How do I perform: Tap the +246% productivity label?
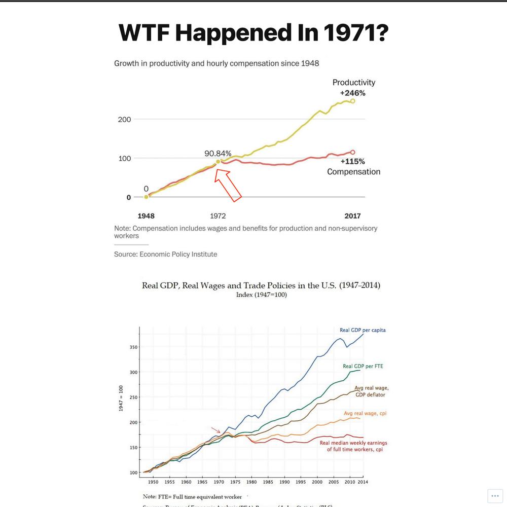(352, 93)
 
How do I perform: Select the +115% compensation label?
(353, 162)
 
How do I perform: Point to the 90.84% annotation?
(218, 153)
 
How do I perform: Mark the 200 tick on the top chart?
(124, 120)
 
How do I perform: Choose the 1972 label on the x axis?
(218, 215)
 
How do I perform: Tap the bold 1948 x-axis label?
(146, 215)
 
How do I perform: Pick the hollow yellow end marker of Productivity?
(353, 101)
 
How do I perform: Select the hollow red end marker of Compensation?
(353, 152)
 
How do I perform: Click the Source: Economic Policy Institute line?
(165, 254)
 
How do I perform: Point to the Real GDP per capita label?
(363, 330)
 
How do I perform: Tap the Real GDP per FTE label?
(363, 366)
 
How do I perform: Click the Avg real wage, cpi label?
(366, 414)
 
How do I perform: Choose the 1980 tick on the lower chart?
(251, 482)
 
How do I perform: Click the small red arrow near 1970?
(216, 430)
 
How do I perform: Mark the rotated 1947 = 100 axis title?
(121, 398)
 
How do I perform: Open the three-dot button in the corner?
(495, 496)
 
